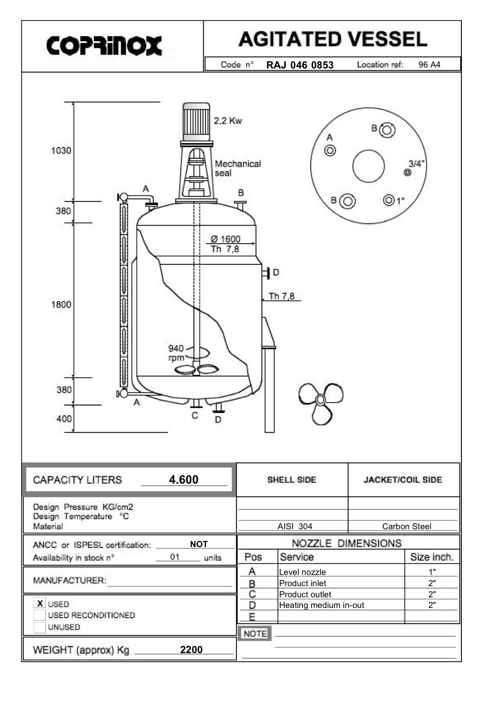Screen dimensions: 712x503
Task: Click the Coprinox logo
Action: click(x=104, y=46)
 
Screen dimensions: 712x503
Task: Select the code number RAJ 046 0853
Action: click(x=299, y=65)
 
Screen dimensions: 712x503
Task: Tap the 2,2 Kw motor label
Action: click(x=227, y=121)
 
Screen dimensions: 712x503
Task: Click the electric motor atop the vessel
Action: click(x=196, y=121)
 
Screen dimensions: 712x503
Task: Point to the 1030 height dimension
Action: click(x=61, y=151)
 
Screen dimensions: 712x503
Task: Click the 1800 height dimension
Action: click(x=61, y=304)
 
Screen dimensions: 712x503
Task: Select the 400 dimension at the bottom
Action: click(x=64, y=419)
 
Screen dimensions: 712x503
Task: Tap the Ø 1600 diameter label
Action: click(x=225, y=239)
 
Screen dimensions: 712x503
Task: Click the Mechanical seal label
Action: click(x=237, y=168)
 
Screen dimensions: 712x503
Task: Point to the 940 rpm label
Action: click(x=176, y=353)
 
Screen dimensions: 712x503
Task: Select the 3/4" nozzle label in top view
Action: click(x=417, y=163)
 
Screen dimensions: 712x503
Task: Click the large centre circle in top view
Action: click(x=368, y=166)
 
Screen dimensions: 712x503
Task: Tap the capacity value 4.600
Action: click(x=184, y=480)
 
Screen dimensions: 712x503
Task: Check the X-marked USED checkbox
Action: click(x=40, y=603)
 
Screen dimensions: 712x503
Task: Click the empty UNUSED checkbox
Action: click(x=40, y=627)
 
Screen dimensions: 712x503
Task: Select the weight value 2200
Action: click(x=191, y=650)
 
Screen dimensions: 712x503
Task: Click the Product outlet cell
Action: click(x=305, y=594)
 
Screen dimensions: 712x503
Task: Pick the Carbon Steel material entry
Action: click(x=407, y=526)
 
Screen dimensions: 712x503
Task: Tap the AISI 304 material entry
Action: click(x=295, y=526)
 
